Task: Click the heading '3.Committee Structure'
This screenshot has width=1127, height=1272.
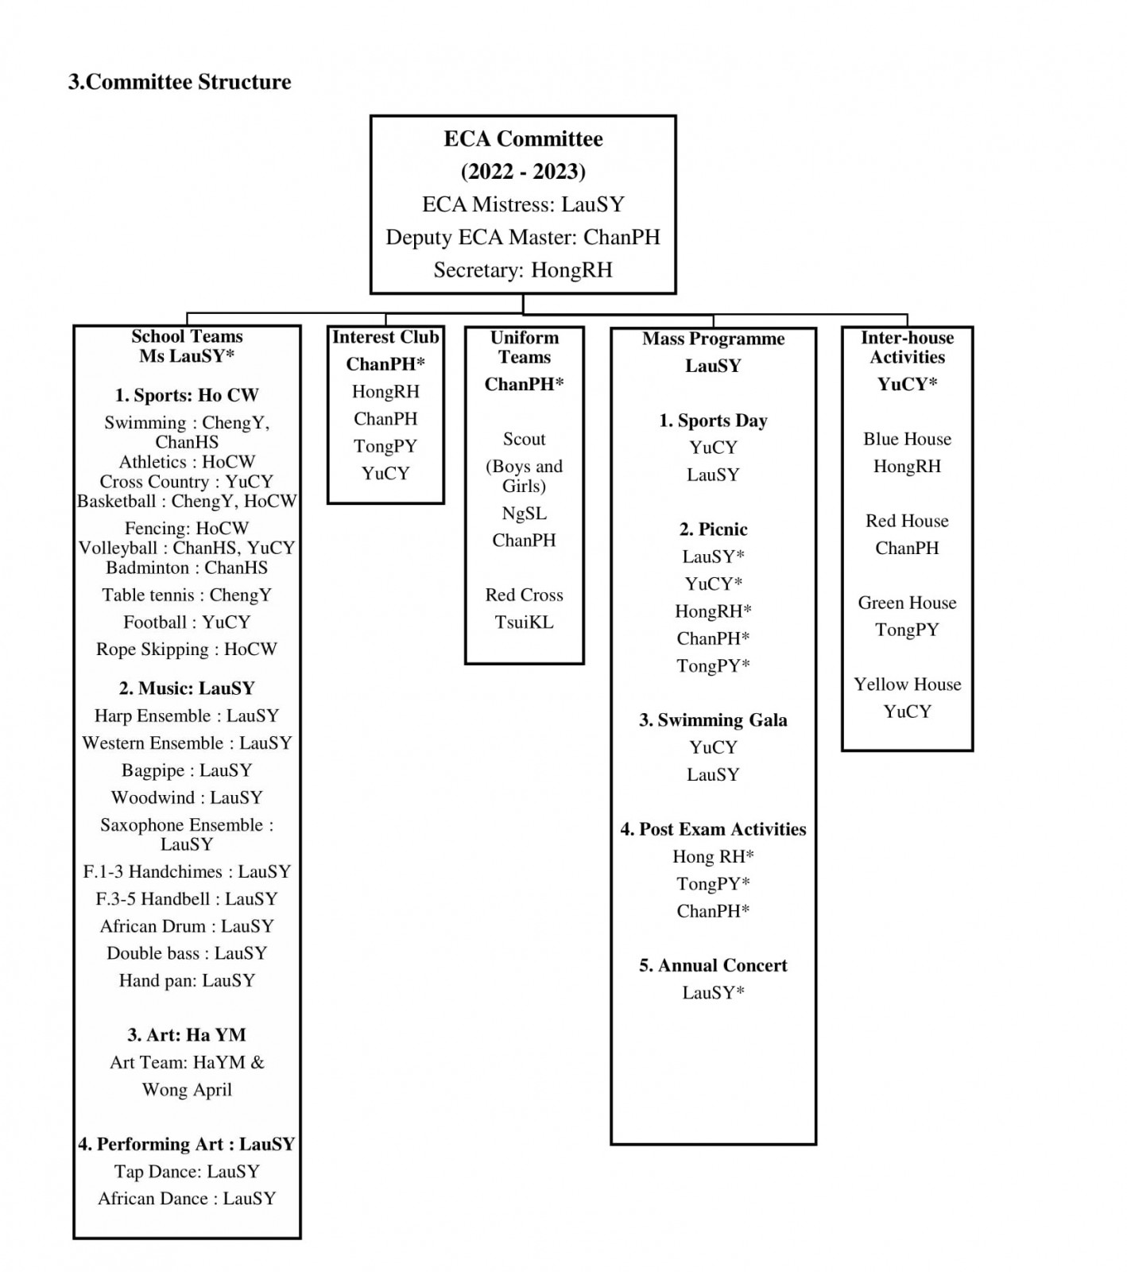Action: click(180, 82)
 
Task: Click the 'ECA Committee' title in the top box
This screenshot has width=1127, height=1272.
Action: click(523, 138)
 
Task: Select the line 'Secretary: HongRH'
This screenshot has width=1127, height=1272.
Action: click(523, 270)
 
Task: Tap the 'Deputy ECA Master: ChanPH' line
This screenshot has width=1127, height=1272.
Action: click(523, 237)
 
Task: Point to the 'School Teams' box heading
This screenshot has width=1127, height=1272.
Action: click(187, 336)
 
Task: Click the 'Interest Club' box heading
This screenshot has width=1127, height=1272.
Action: click(385, 337)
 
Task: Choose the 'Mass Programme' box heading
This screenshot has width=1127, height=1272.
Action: click(714, 339)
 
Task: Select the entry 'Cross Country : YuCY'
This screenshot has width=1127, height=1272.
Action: click(187, 482)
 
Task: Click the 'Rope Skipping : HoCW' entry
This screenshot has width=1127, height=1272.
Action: click(187, 650)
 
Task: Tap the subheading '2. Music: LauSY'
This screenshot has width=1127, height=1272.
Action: click(187, 688)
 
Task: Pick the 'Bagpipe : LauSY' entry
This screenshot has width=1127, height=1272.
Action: click(187, 770)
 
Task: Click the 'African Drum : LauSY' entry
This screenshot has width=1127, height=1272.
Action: click(187, 926)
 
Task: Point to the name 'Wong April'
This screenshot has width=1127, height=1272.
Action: click(187, 1090)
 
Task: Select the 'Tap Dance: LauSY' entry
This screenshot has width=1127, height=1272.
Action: click(187, 1172)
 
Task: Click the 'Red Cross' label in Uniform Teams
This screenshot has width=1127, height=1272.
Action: click(525, 595)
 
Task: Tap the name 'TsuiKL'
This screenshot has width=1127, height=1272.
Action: click(525, 622)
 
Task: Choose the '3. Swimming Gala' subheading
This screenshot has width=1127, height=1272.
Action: click(714, 720)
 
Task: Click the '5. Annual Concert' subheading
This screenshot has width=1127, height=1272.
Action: click(714, 966)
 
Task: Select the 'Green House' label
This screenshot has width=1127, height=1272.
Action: click(908, 603)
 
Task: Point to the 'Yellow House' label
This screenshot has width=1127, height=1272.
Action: click(908, 684)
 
